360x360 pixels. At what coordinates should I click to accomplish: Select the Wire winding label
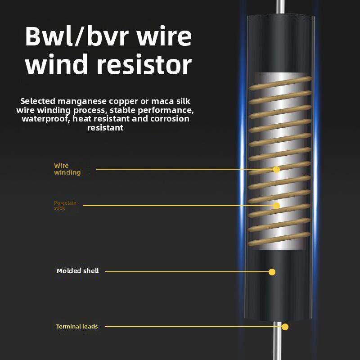coord(67,169)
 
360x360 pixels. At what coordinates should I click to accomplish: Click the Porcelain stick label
coord(65,206)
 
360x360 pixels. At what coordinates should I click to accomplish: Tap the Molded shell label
coord(77,271)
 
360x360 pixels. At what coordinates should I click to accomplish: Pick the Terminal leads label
coord(76,326)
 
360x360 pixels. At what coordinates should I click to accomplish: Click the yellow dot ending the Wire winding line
coord(276,169)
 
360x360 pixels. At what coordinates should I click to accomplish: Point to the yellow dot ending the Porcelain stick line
coord(276,206)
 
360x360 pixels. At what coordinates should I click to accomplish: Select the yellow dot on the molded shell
coord(272,272)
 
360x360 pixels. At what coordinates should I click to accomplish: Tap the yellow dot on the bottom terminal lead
coord(284,327)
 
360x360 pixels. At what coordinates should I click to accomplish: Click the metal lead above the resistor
coord(280,7)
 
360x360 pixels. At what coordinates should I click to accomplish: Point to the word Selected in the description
coord(36,101)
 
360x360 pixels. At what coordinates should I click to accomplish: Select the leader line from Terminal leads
coord(193,327)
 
